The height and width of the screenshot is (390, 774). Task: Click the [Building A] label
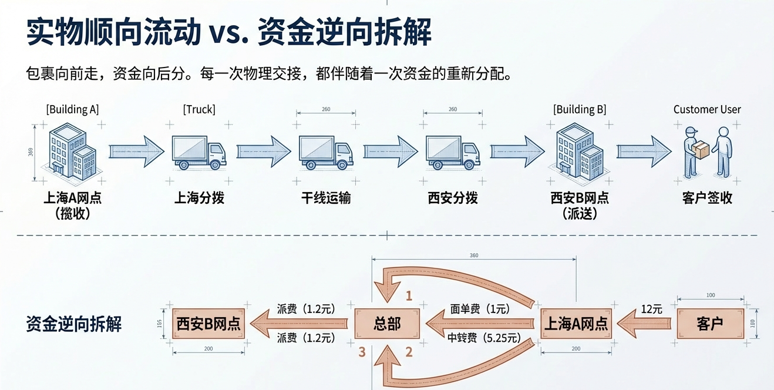tap(73, 110)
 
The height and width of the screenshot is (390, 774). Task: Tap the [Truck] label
tap(199, 110)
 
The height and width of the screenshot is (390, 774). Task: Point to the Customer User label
tap(707, 110)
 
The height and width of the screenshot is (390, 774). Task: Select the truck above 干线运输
tap(326, 153)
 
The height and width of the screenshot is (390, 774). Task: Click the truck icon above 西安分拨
tap(453, 153)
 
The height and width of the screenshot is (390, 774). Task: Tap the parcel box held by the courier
tap(701, 150)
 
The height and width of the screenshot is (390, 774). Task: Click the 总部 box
tap(387, 324)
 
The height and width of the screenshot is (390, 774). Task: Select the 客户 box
tap(710, 324)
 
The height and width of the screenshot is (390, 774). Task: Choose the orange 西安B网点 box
tap(208, 324)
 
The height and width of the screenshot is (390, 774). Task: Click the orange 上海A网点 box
tap(576, 324)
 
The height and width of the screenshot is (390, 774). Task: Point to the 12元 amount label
tap(652, 309)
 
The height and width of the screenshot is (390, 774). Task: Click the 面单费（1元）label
tap(480, 309)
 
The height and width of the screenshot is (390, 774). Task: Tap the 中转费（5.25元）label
tap(484, 338)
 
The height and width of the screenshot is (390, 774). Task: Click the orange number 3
tap(362, 352)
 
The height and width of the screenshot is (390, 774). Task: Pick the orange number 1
tap(409, 296)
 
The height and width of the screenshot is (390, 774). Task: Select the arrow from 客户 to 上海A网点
tap(644, 324)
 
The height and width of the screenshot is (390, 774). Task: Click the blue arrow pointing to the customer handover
tap(644, 152)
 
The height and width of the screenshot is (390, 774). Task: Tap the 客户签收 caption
tap(707, 198)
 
